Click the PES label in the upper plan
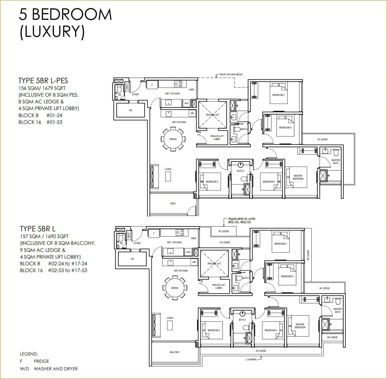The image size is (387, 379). (173, 203)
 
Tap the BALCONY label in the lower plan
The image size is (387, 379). (175, 352)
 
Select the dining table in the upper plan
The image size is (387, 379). (173, 139)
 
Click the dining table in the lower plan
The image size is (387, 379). (175, 288)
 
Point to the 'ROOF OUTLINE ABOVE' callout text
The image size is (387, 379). (231, 74)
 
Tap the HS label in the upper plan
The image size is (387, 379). (130, 110)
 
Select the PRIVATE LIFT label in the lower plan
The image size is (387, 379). (214, 263)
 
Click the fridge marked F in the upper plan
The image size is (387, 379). (152, 85)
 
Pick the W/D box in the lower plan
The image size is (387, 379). (188, 252)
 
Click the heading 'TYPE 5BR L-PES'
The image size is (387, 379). (43, 81)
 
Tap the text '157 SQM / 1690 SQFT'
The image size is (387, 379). (44, 236)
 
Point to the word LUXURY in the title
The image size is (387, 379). (52, 31)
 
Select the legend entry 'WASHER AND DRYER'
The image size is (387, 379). (56, 369)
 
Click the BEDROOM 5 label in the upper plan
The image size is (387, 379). (285, 127)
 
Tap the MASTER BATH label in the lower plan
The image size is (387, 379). (338, 311)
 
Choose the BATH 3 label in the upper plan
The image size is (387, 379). (240, 171)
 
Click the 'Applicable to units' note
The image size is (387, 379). (242, 220)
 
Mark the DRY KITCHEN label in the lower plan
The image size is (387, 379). (181, 271)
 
